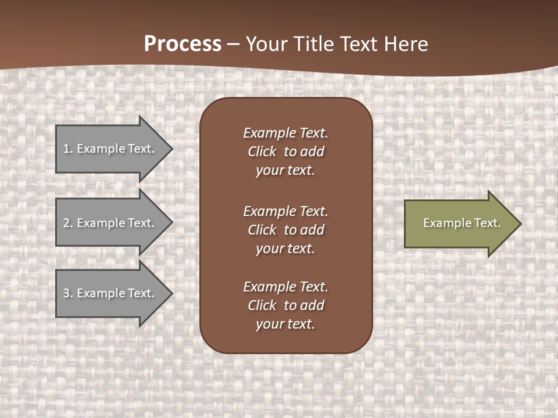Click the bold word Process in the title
[x=183, y=44]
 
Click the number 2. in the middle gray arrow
[x=67, y=223]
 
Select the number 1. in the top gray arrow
[x=67, y=149]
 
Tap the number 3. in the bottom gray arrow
[x=67, y=293]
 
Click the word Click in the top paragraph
[x=262, y=152]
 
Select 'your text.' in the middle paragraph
[x=285, y=248]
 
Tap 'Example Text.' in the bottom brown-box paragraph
[x=285, y=287]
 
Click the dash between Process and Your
[x=234, y=44]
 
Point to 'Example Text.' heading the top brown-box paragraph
[x=285, y=133]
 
